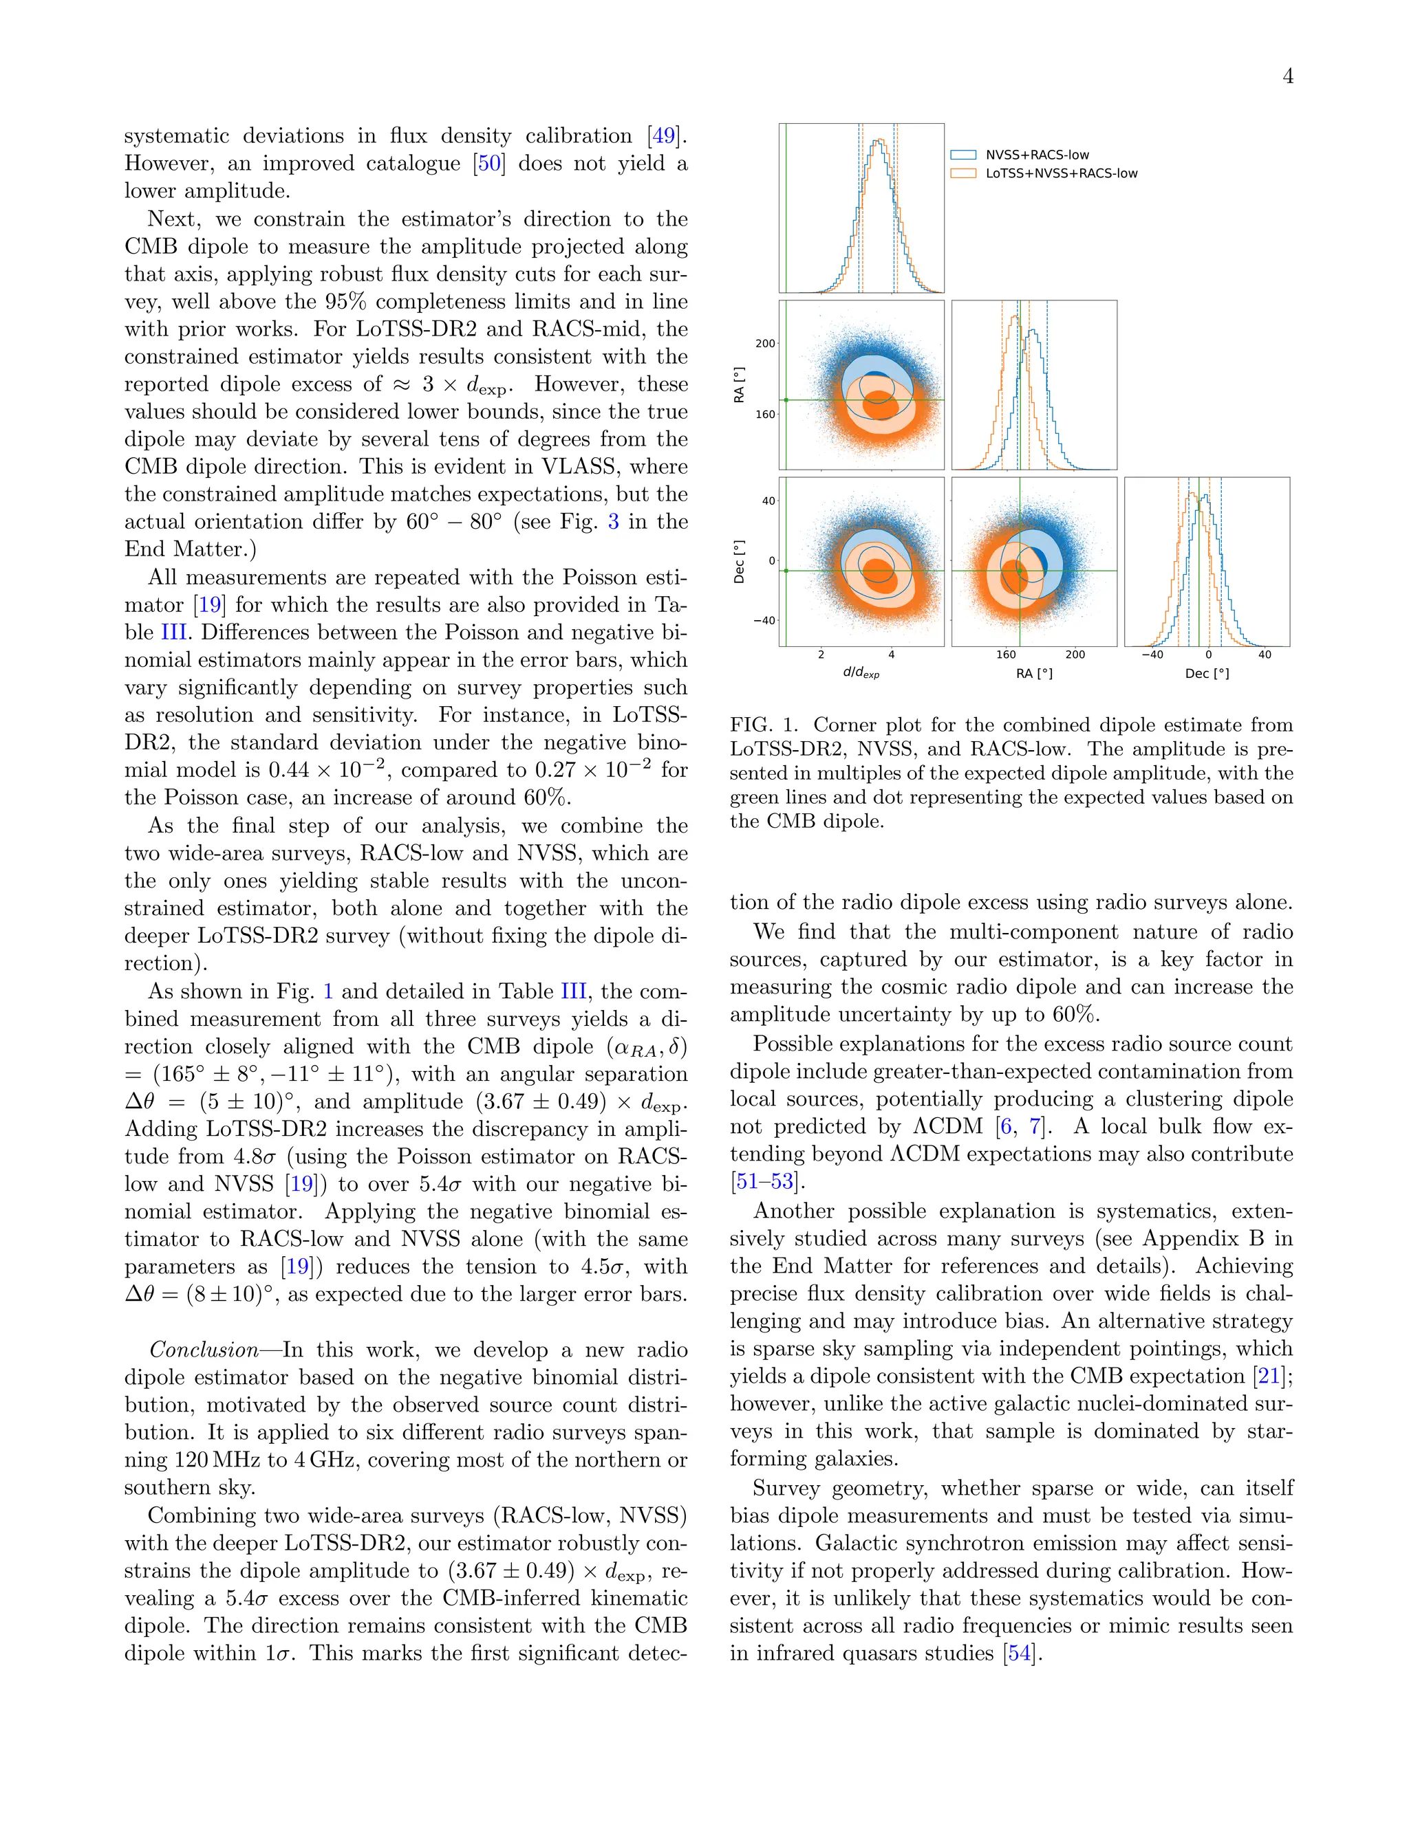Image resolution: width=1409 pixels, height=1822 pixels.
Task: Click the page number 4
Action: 1288,77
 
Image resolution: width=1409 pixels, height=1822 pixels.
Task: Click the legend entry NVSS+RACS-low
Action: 1037,154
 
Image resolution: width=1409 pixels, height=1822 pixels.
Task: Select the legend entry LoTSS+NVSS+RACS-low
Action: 1061,173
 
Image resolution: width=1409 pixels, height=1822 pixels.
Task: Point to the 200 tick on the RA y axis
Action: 764,343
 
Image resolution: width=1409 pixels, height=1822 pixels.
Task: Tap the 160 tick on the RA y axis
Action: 764,414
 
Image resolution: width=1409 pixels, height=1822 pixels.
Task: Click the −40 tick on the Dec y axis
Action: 764,621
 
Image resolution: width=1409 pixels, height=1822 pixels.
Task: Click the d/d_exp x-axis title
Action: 861,673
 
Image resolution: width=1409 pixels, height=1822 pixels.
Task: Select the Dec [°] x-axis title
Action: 1206,673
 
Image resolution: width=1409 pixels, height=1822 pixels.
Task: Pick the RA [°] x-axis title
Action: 1033,673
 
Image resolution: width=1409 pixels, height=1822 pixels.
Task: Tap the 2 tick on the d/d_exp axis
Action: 821,655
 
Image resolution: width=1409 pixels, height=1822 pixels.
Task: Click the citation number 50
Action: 489,164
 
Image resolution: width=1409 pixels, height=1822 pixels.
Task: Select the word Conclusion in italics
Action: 204,1350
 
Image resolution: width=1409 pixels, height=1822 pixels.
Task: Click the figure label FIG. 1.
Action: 764,725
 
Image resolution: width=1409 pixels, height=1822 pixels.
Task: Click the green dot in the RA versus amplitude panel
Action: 786,400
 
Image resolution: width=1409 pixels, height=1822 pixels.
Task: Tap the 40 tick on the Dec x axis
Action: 1265,655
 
